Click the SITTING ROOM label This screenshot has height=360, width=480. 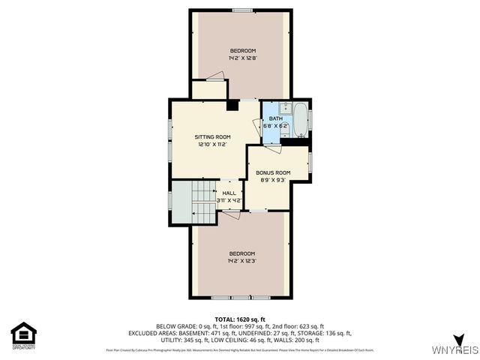pos(212,136)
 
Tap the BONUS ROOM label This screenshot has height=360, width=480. pos(273,172)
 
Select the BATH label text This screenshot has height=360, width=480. pos(275,118)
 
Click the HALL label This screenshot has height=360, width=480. pos(229,193)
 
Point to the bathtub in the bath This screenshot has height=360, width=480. pos(300,118)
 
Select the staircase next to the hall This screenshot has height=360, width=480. pos(202,199)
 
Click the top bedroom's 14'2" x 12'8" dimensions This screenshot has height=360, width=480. pos(242,58)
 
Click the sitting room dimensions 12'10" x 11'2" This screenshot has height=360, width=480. pos(212,145)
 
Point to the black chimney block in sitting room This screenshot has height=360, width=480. pos(232,105)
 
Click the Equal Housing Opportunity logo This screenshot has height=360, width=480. pos(23,336)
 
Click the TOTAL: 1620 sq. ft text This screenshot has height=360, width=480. pos(240,319)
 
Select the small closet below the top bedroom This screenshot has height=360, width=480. pos(208,89)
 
